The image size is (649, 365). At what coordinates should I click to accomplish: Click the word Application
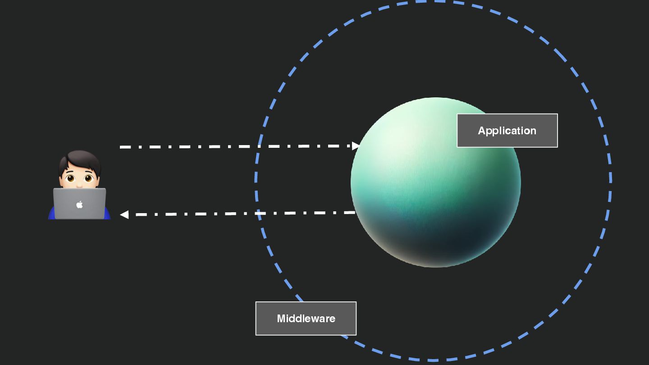click(507, 131)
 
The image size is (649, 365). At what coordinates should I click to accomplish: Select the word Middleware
click(306, 319)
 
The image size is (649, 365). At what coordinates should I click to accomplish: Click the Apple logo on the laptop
click(79, 205)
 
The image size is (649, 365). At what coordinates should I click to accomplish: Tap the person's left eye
click(70, 178)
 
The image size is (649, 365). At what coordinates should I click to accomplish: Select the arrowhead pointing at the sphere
click(356, 146)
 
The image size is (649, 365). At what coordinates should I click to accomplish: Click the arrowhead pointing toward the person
click(124, 215)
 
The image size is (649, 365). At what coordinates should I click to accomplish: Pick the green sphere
click(435, 182)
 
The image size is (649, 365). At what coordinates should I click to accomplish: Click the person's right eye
click(88, 178)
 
